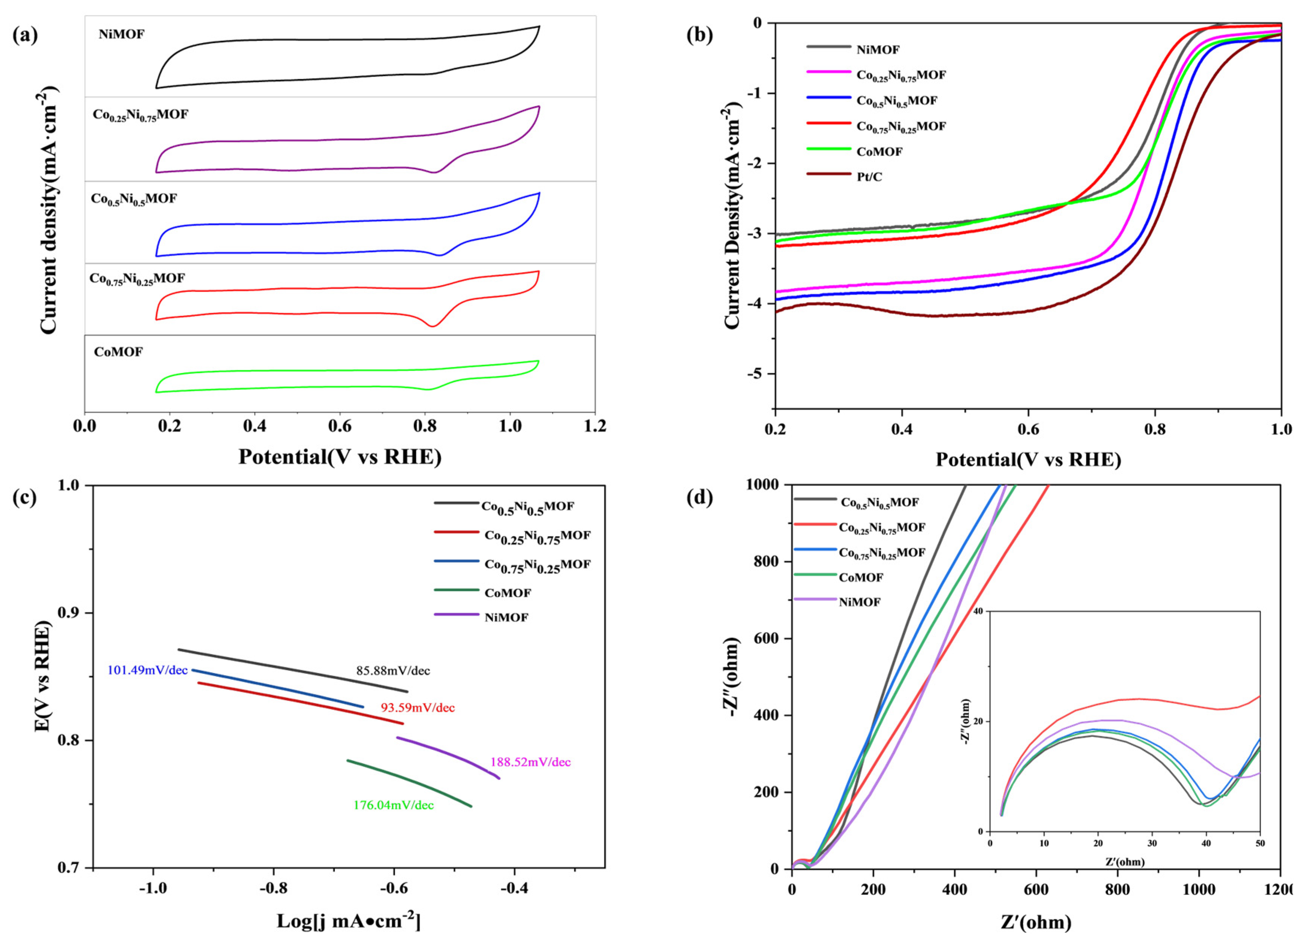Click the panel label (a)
tap(25, 35)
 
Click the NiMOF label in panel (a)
tap(121, 35)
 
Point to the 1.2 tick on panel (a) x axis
tap(594, 427)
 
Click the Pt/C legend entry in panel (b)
tap(870, 177)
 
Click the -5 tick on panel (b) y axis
tap(758, 374)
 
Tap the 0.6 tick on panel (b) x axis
tap(1028, 429)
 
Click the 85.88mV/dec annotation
tap(393, 671)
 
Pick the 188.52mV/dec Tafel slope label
tap(530, 762)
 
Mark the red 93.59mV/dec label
tap(417, 707)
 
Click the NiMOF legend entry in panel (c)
tap(506, 618)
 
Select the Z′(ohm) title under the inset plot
tap(1124, 862)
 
